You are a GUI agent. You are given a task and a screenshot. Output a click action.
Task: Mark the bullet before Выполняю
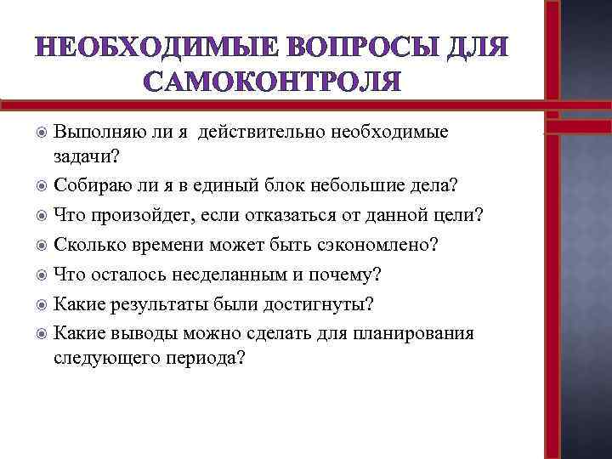[x=41, y=133]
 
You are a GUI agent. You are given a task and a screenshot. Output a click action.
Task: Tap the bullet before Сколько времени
[x=41, y=245]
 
